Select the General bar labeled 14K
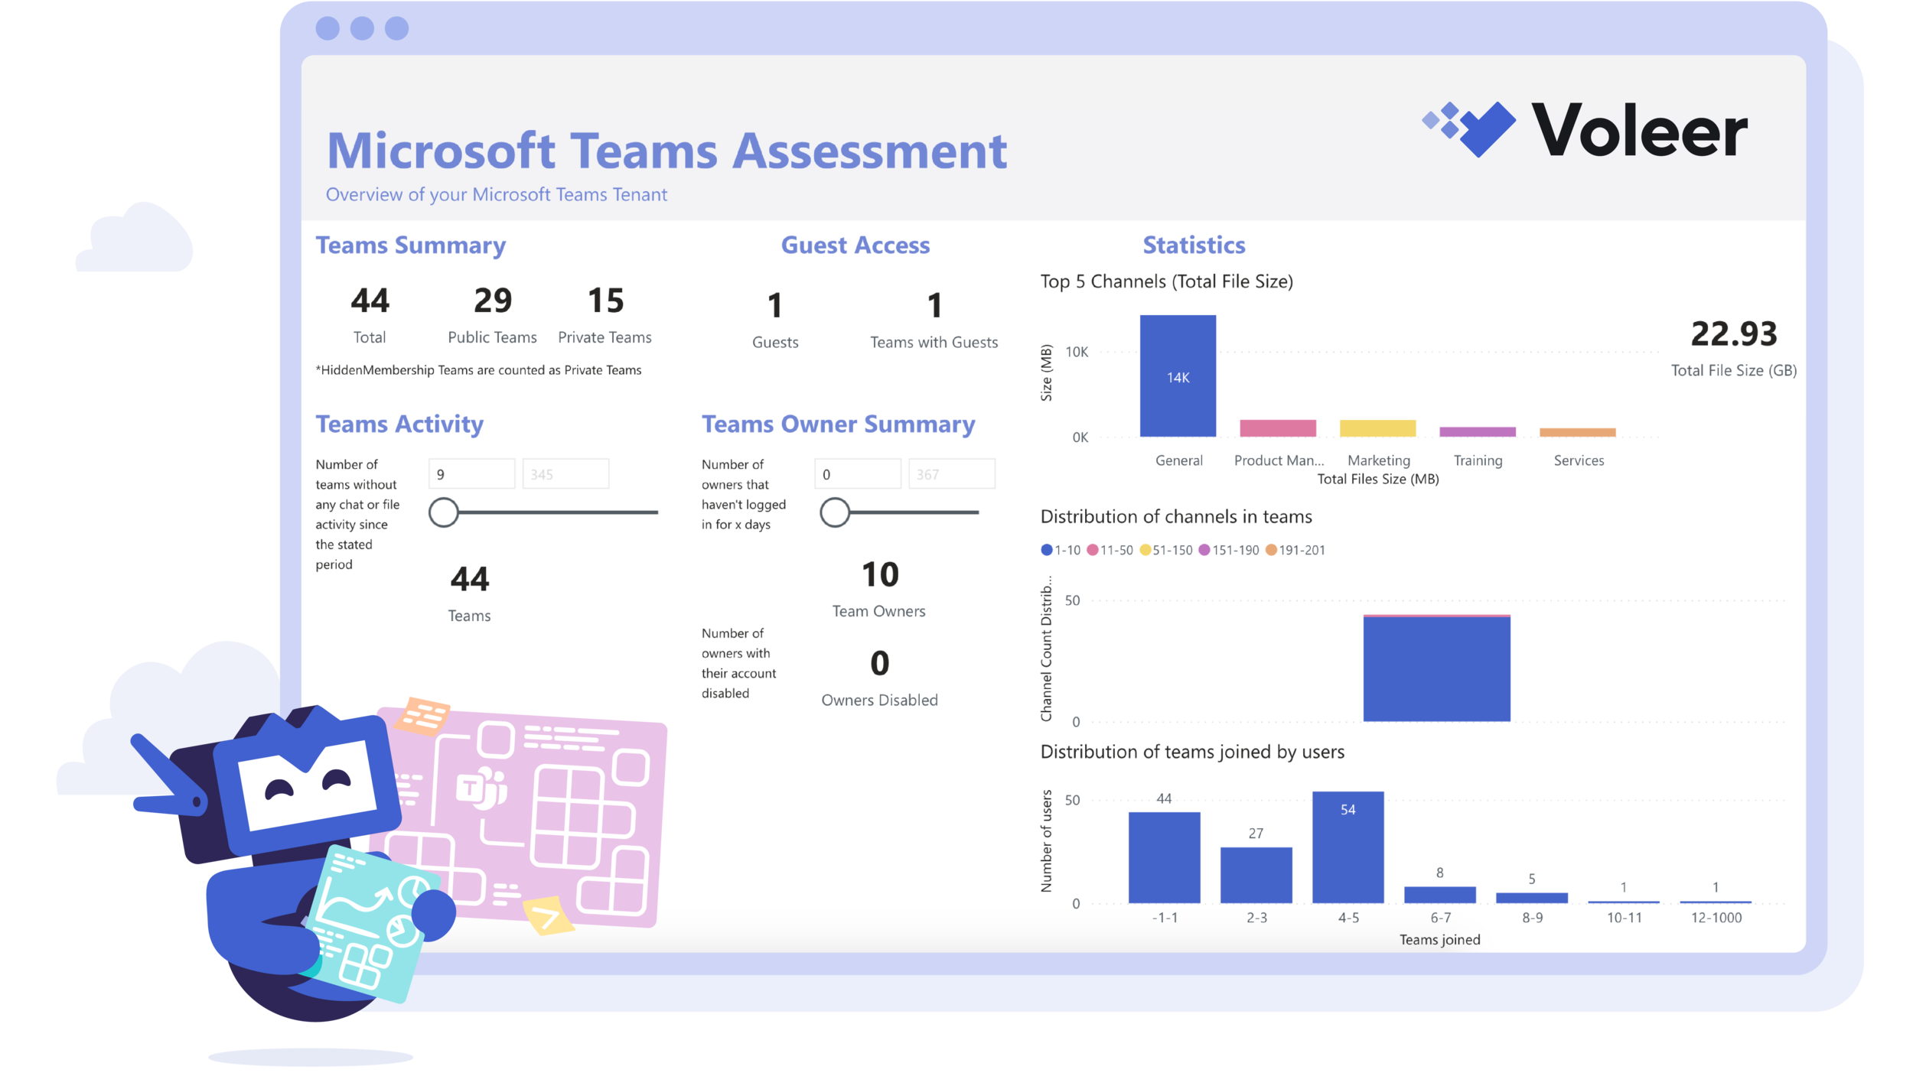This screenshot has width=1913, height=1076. tap(1178, 376)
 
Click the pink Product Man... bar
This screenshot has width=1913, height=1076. tap(1277, 428)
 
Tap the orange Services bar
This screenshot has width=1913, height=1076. tap(1577, 433)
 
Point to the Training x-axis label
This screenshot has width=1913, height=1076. tap(1478, 460)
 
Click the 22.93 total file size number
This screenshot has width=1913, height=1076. tap(1733, 333)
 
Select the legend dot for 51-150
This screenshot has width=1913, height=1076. tap(1145, 550)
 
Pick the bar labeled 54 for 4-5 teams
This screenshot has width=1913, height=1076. tap(1348, 847)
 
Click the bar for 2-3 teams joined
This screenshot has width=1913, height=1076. tap(1256, 875)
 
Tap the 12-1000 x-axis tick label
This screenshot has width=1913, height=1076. tap(1716, 918)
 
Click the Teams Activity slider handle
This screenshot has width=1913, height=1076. tap(443, 512)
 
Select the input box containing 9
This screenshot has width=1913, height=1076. tap(471, 474)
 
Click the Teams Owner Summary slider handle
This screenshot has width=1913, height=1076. tap(835, 512)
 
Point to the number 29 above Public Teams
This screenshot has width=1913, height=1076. tap(492, 301)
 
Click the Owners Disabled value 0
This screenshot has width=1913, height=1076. tap(879, 663)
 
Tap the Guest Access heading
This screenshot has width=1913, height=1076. tap(855, 245)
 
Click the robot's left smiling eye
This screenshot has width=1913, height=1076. tap(279, 791)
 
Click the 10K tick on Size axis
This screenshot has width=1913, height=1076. tap(1076, 352)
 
